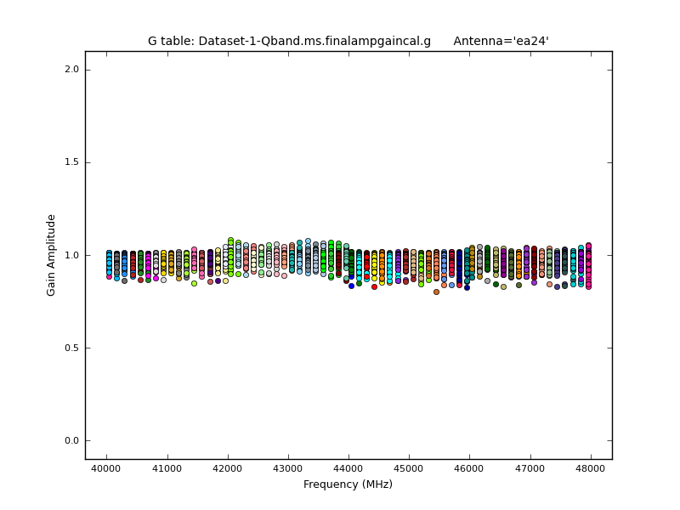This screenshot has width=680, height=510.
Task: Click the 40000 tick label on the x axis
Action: (106, 468)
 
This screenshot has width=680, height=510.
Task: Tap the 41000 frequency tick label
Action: (167, 468)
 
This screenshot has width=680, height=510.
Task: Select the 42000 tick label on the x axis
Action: (227, 468)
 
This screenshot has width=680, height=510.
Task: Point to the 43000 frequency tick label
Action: (288, 468)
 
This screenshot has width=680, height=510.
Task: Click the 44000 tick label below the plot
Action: (348, 468)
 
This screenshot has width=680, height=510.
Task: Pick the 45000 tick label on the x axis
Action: (409, 468)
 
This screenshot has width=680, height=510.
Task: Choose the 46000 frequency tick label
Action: (470, 468)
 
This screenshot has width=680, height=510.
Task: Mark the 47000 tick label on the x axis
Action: (530, 468)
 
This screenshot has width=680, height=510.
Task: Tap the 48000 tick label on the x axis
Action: (591, 468)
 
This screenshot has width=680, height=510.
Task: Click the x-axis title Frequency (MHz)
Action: (348, 484)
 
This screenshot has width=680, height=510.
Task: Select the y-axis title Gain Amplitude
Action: (51, 255)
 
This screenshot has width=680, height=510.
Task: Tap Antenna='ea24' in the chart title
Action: (501, 41)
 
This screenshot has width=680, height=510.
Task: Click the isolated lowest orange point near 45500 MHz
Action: (436, 292)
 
